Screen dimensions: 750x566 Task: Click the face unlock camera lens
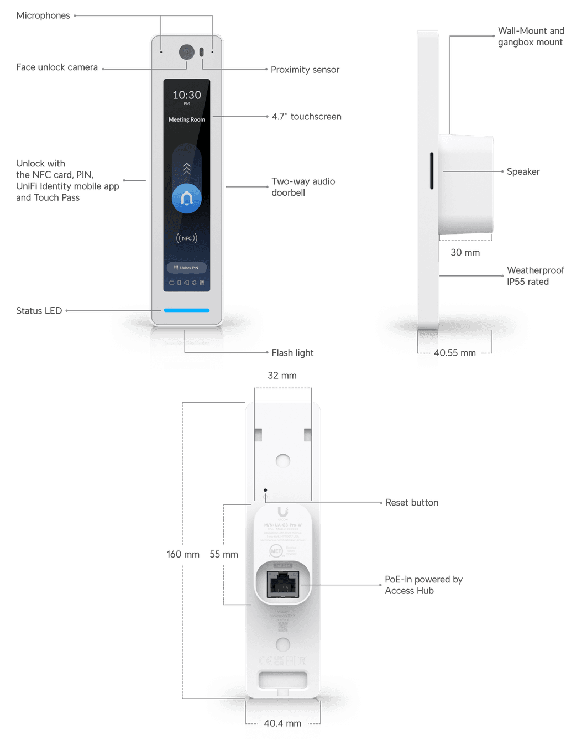[x=187, y=52]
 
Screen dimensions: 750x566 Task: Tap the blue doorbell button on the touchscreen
[x=187, y=199]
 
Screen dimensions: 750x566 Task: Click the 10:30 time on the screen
[x=187, y=95]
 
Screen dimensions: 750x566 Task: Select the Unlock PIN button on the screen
[x=187, y=268]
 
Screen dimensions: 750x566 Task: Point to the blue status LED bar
[x=187, y=310]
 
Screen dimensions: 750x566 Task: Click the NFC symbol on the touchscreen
[x=187, y=238]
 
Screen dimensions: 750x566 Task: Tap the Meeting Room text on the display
[x=187, y=119]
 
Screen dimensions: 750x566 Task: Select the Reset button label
[x=412, y=502]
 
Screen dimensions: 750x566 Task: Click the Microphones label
[x=43, y=15]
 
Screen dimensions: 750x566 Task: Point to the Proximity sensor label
[x=305, y=69]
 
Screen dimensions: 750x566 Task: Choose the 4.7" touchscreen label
[x=307, y=117]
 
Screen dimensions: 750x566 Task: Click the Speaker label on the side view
[x=523, y=171]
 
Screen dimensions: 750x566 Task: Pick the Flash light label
[x=292, y=352]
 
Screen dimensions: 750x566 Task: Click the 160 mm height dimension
[x=183, y=554]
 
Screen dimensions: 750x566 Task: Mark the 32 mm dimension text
[x=282, y=376]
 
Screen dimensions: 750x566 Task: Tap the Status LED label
[x=39, y=310]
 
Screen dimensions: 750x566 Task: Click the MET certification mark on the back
[x=276, y=551]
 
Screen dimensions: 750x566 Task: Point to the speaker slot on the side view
[x=432, y=170]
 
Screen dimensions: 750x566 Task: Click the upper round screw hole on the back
[x=283, y=460]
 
